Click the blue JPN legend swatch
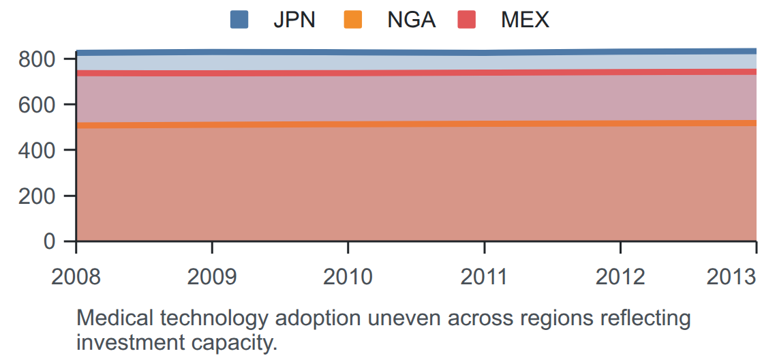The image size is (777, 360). point(239,20)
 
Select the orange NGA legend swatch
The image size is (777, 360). point(353,20)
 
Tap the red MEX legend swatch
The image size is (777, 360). point(467,20)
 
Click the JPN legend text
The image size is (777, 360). point(294,20)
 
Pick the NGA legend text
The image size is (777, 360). point(411,20)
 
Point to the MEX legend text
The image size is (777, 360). point(525,20)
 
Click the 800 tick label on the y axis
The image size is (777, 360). point(44,59)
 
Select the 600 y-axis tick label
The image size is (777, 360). point(44,104)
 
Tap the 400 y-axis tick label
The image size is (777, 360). point(44,150)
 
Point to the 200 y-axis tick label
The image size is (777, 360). point(44,196)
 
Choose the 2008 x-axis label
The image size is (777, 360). point(76,277)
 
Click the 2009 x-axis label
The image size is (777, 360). point(212,277)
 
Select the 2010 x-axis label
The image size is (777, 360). point(348,277)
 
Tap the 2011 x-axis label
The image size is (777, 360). point(484,277)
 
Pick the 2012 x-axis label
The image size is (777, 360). point(620,277)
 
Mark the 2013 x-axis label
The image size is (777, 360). point(731,277)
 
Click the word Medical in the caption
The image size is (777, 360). point(110,318)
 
